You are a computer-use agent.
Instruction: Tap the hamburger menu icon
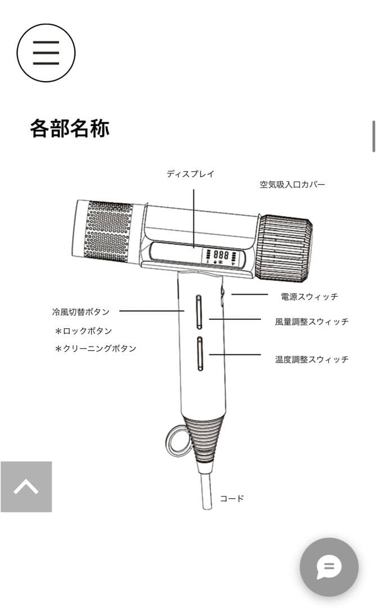pyautogui.click(x=46, y=53)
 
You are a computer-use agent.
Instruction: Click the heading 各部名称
pyautogui.click(x=69, y=128)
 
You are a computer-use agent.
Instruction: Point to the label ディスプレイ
pyautogui.click(x=190, y=174)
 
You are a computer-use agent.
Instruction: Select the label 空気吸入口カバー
pyautogui.click(x=292, y=185)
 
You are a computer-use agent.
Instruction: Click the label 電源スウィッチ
pyautogui.click(x=309, y=296)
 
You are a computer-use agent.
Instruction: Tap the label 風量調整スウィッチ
pyautogui.click(x=312, y=322)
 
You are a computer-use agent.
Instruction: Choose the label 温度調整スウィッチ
pyautogui.click(x=312, y=359)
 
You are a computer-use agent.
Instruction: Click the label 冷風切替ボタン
pyautogui.click(x=80, y=311)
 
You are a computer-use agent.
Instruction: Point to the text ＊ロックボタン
pyautogui.click(x=83, y=331)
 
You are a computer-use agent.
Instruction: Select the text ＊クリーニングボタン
pyautogui.click(x=95, y=348)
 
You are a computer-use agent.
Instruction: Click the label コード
pyautogui.click(x=232, y=498)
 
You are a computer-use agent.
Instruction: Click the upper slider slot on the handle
pyautogui.click(x=200, y=311)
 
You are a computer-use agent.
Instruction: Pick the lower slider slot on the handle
pyautogui.click(x=200, y=354)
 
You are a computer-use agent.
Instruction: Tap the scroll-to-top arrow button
pyautogui.click(x=26, y=486)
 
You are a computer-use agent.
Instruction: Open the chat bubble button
pyautogui.click(x=329, y=567)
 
